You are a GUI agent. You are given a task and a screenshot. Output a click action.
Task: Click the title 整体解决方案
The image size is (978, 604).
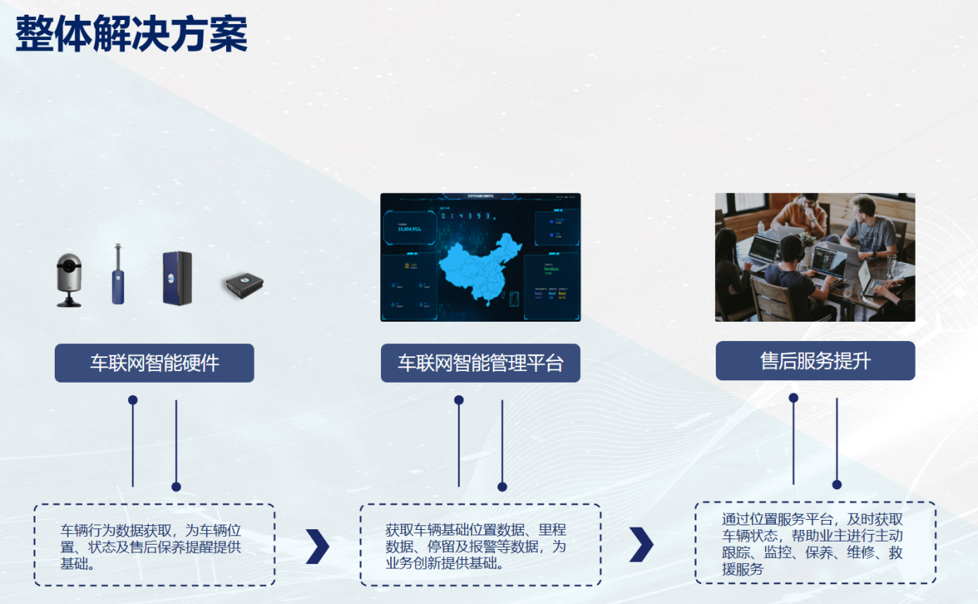(132, 34)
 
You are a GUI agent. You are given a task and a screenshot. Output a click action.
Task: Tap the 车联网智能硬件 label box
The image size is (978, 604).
(154, 363)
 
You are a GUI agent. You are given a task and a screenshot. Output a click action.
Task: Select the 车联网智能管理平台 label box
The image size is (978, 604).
(481, 363)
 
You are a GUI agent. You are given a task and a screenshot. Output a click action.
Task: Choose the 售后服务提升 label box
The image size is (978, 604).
(815, 361)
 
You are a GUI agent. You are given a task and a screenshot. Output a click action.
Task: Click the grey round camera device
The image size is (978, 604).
(69, 279)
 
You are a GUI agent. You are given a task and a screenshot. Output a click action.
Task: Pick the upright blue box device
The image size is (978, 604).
(177, 278)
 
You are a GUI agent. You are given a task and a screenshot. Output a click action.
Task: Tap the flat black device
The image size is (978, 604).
(244, 285)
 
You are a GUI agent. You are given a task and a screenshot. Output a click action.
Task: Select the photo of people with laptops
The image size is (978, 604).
(814, 257)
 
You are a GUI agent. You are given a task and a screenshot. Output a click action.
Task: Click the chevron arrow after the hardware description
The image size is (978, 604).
(317, 547)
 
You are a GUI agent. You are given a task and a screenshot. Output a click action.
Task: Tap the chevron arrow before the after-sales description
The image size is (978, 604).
(641, 545)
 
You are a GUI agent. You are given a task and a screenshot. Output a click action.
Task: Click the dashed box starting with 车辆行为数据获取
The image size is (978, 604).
(154, 545)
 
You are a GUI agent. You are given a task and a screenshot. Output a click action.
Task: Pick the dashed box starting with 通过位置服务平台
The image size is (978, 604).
(815, 543)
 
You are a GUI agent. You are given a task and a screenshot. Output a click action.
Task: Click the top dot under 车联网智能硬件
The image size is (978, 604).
(133, 400)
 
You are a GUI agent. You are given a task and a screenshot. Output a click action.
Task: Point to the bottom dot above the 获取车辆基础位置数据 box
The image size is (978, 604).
(502, 487)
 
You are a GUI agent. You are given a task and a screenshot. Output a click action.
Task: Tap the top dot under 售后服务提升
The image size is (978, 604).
(793, 398)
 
